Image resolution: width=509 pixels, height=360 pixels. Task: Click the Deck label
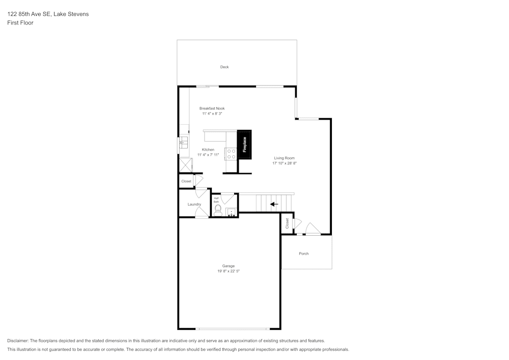(x=224, y=67)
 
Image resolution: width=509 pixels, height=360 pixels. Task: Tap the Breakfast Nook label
(x=212, y=108)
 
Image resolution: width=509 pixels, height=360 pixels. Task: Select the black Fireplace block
(x=244, y=145)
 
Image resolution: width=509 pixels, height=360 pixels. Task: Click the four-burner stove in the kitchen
(x=231, y=153)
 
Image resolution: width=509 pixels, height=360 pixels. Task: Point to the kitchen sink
(x=183, y=143)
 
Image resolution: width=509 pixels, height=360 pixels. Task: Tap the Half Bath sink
(x=231, y=212)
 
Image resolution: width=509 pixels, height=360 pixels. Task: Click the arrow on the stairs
(x=274, y=204)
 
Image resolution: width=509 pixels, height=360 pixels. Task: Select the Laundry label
(x=194, y=204)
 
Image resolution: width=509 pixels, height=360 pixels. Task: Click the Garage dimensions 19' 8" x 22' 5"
(x=229, y=271)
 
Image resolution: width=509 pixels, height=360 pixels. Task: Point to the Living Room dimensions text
(x=284, y=163)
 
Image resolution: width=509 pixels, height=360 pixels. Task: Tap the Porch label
(x=303, y=254)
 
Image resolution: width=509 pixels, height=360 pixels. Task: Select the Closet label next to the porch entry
(x=287, y=223)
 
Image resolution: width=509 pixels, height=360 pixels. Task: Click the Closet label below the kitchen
(x=186, y=181)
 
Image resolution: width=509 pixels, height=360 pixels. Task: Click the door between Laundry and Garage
(x=202, y=213)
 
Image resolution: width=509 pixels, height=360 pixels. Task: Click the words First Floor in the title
(x=20, y=23)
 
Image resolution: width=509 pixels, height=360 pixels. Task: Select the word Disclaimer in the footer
(x=18, y=341)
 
